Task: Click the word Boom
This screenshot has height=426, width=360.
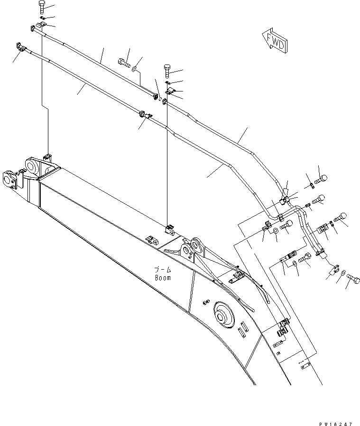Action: (163, 278)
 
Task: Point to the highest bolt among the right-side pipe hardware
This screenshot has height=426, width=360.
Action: (320, 179)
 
